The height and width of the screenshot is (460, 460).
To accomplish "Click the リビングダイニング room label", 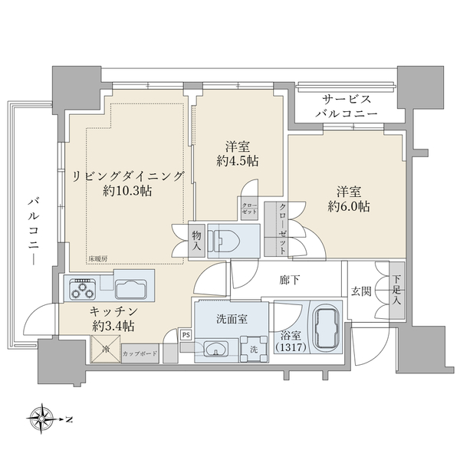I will point(128,176).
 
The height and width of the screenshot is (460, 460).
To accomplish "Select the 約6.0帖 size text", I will point(349,205).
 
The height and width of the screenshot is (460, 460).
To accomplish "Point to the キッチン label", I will point(113,311).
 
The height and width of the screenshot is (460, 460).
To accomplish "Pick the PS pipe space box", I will point(186,333).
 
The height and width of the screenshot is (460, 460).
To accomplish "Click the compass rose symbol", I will point(45,419).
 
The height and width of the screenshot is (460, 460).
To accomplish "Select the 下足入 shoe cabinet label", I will point(396,289).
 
